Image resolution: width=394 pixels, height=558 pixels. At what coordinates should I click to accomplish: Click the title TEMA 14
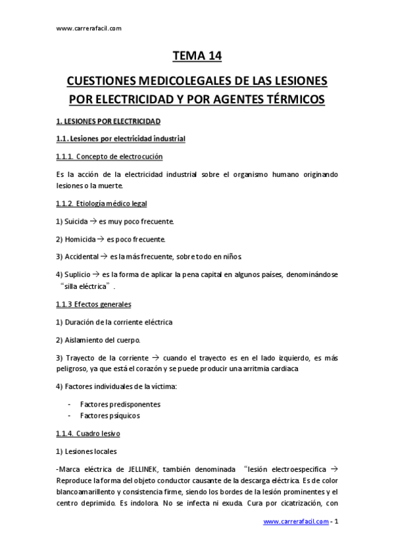pyautogui.click(x=197, y=57)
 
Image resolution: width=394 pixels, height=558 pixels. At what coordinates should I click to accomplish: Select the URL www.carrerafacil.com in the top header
pyautogui.click(x=89, y=28)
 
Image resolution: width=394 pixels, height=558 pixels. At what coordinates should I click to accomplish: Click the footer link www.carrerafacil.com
pyautogui.click(x=296, y=522)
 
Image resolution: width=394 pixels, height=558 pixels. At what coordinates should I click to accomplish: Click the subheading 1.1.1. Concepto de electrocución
pyautogui.click(x=110, y=156)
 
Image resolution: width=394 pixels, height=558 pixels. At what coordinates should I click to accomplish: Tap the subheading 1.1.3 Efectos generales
pyautogui.click(x=94, y=305)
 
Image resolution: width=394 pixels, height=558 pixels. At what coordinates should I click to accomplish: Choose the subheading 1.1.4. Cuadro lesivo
pyautogui.click(x=88, y=434)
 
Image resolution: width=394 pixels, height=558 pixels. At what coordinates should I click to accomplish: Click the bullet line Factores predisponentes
pyautogui.click(x=120, y=404)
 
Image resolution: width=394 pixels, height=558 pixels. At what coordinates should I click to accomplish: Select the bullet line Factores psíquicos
pyautogui.click(x=109, y=416)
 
